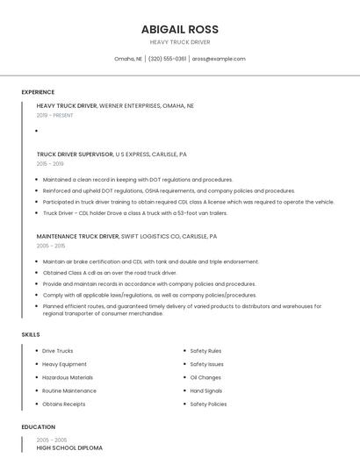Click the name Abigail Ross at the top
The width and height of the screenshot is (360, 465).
coord(180,27)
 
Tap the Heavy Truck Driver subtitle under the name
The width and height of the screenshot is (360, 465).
coord(180,41)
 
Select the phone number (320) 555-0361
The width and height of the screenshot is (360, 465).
coord(167,59)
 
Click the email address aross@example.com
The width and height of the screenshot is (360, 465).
coord(219,59)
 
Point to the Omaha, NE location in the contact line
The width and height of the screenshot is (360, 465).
coord(128,59)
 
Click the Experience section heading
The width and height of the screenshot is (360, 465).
coord(38,92)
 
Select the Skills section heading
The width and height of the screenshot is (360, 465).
coord(31,334)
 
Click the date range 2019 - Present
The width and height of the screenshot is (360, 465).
coord(55,115)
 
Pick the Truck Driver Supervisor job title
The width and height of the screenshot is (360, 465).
coord(75,154)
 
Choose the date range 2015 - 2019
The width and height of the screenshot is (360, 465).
coord(50,163)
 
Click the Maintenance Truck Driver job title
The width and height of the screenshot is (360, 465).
coord(77,236)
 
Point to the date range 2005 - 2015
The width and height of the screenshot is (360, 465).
coord(50,246)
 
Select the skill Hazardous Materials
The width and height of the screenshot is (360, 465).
coord(68,377)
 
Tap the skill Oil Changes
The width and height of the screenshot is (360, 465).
coord(205,377)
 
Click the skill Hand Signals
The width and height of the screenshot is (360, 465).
coord(206,390)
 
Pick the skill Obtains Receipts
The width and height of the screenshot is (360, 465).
coord(64,404)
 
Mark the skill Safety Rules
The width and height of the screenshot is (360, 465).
coord(205,351)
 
